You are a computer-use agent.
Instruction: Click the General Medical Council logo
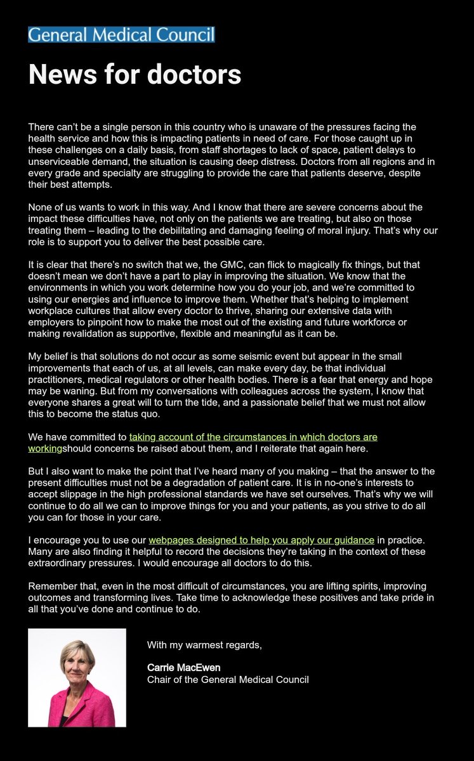click(x=121, y=35)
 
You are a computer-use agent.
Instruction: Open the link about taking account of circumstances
click(x=253, y=437)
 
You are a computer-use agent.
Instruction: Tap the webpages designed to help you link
click(x=261, y=540)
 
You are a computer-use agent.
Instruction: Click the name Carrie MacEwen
click(x=184, y=667)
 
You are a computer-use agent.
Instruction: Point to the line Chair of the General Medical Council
click(x=228, y=679)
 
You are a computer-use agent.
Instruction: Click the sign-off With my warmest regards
click(x=204, y=645)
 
